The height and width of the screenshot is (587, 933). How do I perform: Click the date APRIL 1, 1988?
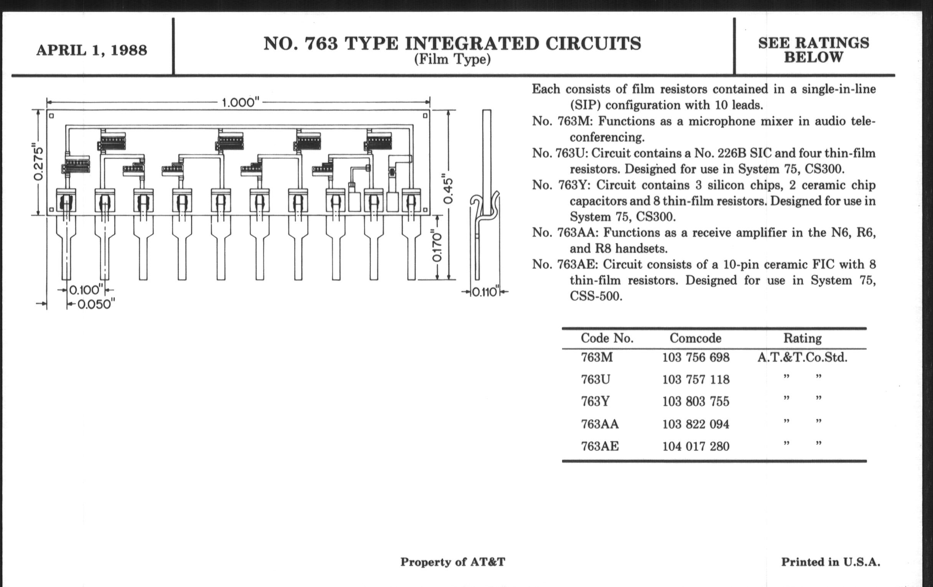click(x=92, y=50)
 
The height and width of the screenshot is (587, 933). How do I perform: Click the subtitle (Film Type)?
click(x=452, y=60)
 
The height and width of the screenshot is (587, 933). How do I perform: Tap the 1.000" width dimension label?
click(x=240, y=103)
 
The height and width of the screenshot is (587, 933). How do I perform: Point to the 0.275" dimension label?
click(x=38, y=163)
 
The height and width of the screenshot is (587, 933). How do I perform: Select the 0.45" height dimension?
click(x=448, y=191)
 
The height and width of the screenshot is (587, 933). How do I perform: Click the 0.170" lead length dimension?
click(x=437, y=247)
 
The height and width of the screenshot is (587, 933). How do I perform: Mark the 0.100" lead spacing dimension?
click(x=86, y=290)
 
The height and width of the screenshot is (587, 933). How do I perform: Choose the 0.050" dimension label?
click(x=96, y=305)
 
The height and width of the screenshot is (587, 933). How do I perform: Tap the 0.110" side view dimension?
click(x=484, y=292)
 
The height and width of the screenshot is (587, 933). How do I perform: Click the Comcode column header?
click(x=696, y=338)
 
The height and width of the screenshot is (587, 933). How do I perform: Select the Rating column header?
click(x=803, y=338)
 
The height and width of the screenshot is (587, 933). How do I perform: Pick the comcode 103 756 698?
click(x=696, y=357)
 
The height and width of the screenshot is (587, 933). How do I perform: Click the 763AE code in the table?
click(x=600, y=446)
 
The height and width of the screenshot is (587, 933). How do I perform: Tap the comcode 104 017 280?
click(x=696, y=446)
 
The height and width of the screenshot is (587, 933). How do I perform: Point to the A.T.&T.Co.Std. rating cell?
click(x=803, y=357)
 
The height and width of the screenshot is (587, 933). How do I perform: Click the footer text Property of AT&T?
click(x=453, y=562)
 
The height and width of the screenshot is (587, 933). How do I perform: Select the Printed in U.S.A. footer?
click(x=830, y=562)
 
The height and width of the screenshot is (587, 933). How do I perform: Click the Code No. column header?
click(x=607, y=338)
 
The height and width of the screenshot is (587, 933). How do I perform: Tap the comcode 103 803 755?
click(x=696, y=401)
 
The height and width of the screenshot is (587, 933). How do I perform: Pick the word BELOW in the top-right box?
click(x=813, y=58)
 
